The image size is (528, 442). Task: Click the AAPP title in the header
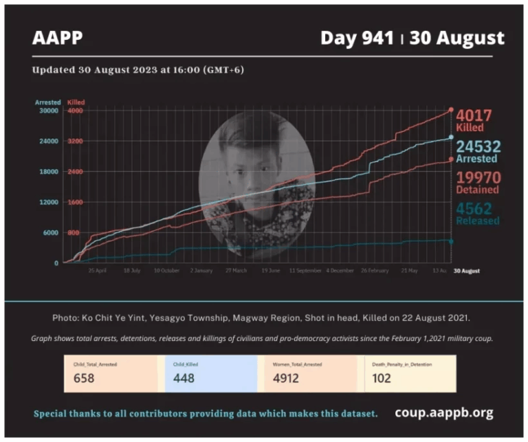tap(57, 37)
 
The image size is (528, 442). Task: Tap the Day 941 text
tap(357, 38)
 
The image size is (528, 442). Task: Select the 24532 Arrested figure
tap(478, 146)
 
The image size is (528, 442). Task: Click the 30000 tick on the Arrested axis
tap(49, 111)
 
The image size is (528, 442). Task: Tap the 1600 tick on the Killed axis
tap(75, 202)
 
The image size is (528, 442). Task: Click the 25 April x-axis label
tap(97, 271)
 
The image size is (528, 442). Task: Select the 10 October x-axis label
tap(166, 271)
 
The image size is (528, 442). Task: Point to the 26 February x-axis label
tap(375, 271)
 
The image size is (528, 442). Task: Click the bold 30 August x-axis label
tap(467, 271)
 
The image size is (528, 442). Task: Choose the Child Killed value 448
tap(184, 378)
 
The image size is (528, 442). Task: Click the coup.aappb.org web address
tap(444, 413)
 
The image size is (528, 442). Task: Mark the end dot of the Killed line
tap(451, 109)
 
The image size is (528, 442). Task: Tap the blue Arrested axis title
tap(48, 102)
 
